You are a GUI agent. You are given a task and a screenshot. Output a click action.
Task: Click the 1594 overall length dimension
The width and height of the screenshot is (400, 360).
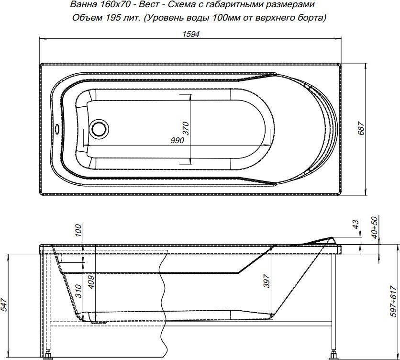pyautogui.click(x=191, y=34)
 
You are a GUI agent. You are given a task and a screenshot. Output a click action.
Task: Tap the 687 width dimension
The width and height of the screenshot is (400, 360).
pyautogui.click(x=361, y=128)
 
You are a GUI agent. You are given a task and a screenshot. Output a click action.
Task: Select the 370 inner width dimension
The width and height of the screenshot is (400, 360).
pyautogui.click(x=186, y=128)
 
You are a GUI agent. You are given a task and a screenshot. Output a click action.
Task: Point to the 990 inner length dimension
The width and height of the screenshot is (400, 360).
pyautogui.click(x=178, y=140)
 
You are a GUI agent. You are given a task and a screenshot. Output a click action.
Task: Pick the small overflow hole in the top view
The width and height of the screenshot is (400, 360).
pyautogui.click(x=56, y=128)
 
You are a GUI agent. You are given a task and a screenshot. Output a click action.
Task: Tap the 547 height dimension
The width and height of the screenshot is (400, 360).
pyautogui.click(x=5, y=305)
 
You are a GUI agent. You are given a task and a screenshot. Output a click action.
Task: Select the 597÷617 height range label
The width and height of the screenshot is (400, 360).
pyautogui.click(x=394, y=301)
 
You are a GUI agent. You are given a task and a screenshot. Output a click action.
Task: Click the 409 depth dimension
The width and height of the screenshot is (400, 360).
pyautogui.click(x=91, y=281)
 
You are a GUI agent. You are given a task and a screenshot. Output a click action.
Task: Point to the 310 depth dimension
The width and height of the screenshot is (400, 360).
pyautogui.click(x=78, y=291)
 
